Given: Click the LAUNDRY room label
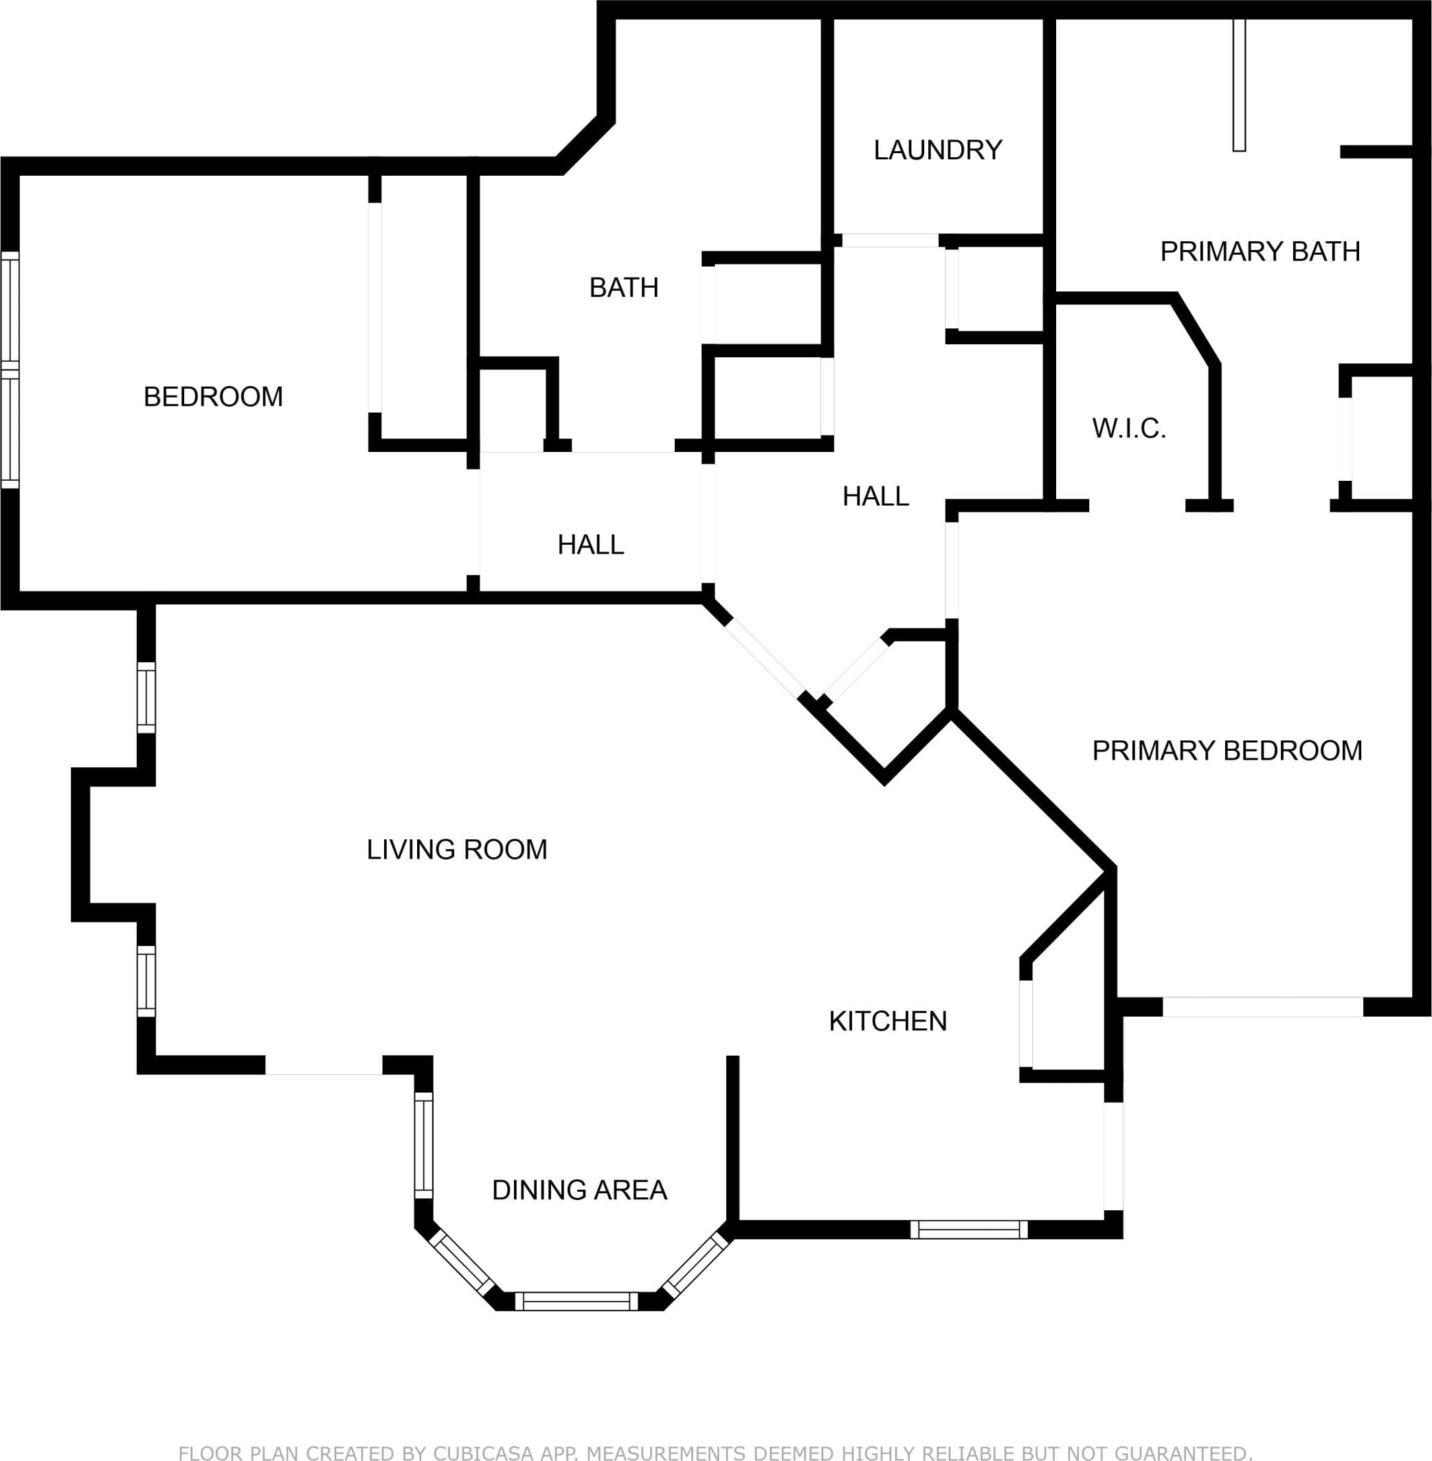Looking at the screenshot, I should [937, 150].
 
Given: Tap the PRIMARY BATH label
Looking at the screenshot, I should [1260, 251].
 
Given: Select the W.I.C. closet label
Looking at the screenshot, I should [1128, 429].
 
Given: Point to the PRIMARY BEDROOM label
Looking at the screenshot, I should [1227, 751].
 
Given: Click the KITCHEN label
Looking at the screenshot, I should [888, 1021].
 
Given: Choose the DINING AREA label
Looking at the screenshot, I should [579, 1190].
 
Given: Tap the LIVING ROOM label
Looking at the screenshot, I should [456, 850].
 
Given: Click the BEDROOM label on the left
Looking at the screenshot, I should [213, 397].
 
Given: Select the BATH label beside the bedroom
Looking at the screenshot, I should [623, 288].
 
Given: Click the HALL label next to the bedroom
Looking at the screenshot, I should [590, 545].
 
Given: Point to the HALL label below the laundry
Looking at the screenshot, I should [875, 497].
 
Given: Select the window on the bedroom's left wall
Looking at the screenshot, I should [10, 370].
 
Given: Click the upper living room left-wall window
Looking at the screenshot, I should [146, 698].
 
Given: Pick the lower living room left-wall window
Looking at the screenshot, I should [146, 982].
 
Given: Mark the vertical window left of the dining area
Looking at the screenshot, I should [424, 1146].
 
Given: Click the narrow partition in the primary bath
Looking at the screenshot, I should [1240, 84].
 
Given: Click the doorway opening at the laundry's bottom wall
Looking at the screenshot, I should [890, 240].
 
